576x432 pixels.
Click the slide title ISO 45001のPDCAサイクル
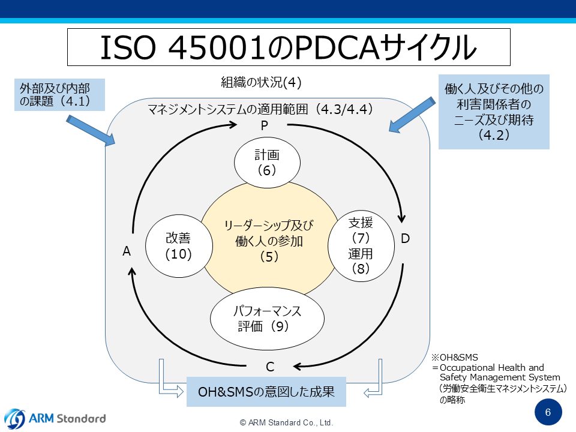(288, 48)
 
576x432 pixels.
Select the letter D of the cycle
(405, 239)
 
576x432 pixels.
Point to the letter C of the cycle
(270, 367)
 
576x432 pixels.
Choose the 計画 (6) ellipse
(267, 162)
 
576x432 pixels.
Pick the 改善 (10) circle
(179, 246)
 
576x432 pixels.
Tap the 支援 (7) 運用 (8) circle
(361, 246)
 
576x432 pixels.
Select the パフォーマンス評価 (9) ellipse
(267, 319)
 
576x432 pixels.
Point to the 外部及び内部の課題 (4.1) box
(59, 94)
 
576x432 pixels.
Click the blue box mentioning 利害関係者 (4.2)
(494, 112)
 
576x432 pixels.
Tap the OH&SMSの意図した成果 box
(267, 392)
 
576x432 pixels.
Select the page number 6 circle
(548, 412)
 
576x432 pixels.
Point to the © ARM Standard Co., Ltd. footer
(287, 422)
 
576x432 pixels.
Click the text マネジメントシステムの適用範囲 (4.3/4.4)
(260, 110)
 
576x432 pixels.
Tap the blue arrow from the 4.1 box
(90, 130)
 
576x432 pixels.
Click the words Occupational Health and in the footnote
(491, 367)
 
